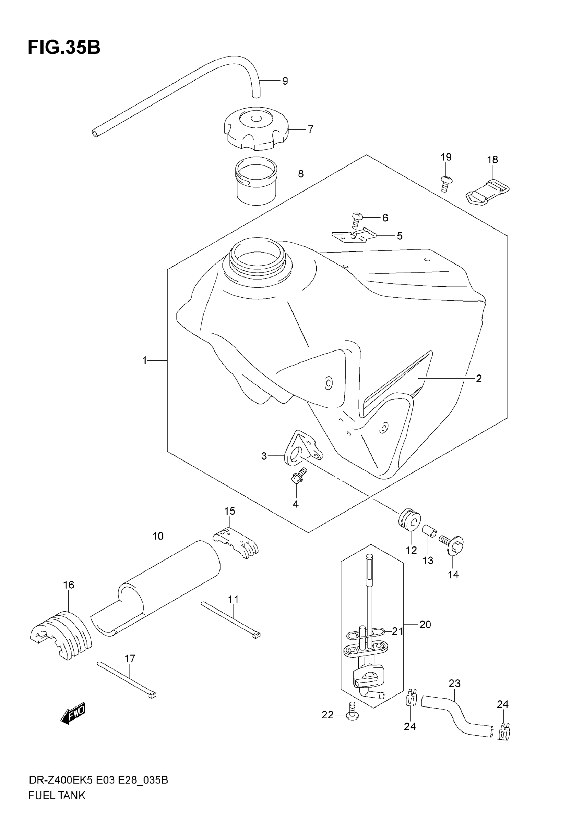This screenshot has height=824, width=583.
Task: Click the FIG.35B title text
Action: point(64,48)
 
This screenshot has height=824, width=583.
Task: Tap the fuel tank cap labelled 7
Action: point(255,130)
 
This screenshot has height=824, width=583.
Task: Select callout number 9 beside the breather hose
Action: point(285,81)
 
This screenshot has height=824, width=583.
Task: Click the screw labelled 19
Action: point(446,183)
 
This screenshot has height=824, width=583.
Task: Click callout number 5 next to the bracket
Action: point(400,236)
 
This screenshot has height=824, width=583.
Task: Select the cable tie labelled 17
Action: point(127,679)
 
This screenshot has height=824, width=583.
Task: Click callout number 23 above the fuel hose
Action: point(454,683)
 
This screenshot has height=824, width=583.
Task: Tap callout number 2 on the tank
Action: point(478,378)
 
